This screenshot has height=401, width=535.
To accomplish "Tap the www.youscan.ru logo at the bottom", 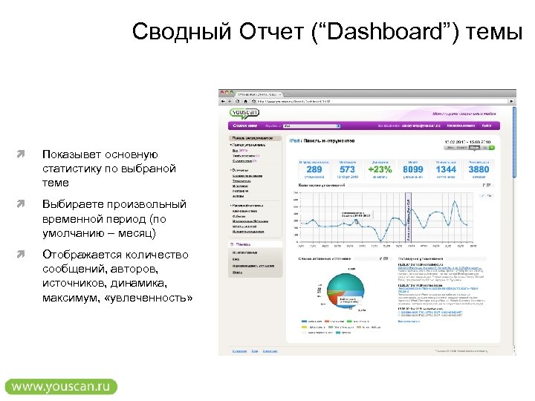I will [x=61, y=386].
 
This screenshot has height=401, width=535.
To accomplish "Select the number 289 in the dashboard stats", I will [x=314, y=169].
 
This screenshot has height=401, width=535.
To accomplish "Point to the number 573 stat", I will [x=347, y=169].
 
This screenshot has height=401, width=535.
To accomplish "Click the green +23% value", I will [x=379, y=169].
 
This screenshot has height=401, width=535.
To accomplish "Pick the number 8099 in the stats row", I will [x=413, y=169].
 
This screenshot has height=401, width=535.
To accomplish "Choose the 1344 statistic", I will [x=446, y=169].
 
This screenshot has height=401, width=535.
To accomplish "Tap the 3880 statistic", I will [x=479, y=169].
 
